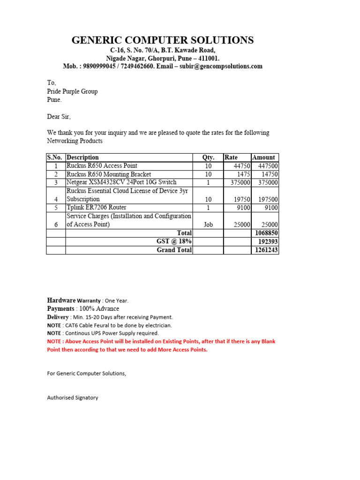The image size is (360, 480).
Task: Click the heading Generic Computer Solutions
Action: coord(163,40)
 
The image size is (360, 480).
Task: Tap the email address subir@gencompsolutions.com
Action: coord(223,67)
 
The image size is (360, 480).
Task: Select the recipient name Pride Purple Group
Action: coord(72,91)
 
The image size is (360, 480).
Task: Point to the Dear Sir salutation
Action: coord(59,117)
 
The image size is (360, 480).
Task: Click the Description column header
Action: coord(83,157)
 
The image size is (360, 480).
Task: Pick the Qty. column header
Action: coord(208,157)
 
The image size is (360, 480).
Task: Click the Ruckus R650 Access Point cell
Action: coord(102,166)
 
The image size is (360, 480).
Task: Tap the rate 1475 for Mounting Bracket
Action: coord(242,174)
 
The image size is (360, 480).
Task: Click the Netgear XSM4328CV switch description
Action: coord(121,182)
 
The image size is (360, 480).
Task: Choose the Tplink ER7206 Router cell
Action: coord(97,208)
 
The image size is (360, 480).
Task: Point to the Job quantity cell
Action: coord(208,225)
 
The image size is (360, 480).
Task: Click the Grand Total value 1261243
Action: coord(266,250)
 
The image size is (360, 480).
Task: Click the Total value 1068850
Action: coord(266,233)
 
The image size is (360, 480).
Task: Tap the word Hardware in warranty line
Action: coord(61,300)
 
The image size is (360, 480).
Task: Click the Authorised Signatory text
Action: coord(73,397)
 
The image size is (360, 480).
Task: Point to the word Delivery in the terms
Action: coord(58,317)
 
